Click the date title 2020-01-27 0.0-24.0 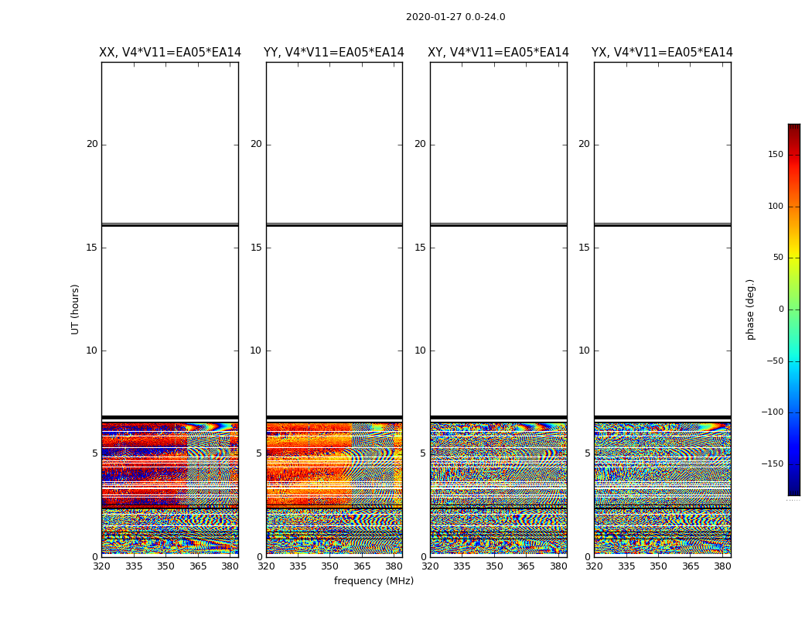[x=455, y=17]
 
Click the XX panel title [x=170, y=53]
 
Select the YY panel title [x=334, y=53]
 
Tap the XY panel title [x=498, y=53]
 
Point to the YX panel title [x=662, y=53]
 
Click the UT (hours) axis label [x=76, y=309]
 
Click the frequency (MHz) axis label [x=374, y=581]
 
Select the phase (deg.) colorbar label [x=750, y=309]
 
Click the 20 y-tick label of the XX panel [x=92, y=144]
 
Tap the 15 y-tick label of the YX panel [x=584, y=248]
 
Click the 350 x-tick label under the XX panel [x=165, y=566]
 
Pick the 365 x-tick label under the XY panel [x=526, y=566]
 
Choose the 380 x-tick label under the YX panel [x=722, y=566]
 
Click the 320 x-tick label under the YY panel [x=266, y=566]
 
